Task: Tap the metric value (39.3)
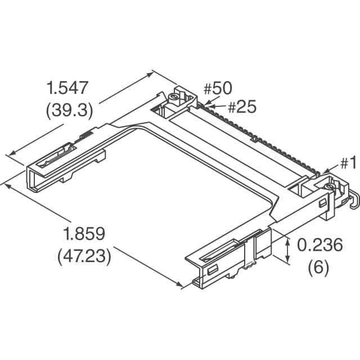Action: [69, 110]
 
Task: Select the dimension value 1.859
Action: [84, 234]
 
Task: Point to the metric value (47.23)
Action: [84, 256]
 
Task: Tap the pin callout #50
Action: [217, 88]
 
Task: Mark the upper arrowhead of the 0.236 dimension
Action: [289, 238]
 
